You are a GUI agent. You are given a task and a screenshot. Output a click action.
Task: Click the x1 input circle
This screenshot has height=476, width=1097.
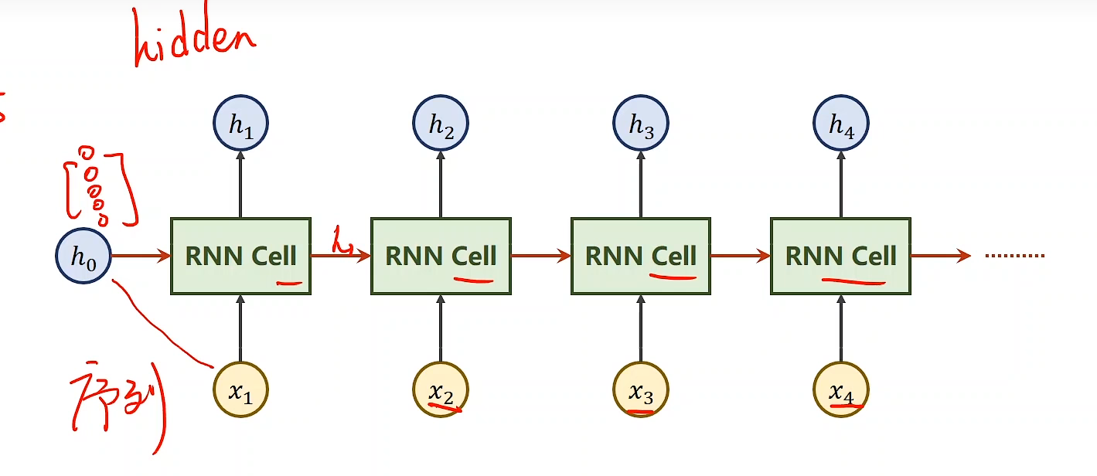pyautogui.click(x=240, y=389)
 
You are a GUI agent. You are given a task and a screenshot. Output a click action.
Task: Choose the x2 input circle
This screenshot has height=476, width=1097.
pyautogui.click(x=441, y=389)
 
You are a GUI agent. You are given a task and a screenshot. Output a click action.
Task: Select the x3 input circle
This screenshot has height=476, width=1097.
pyautogui.click(x=641, y=389)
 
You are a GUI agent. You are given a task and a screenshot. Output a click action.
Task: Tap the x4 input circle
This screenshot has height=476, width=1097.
pyautogui.click(x=841, y=389)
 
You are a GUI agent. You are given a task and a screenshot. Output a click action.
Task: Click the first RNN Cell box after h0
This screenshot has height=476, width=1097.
pyautogui.click(x=240, y=256)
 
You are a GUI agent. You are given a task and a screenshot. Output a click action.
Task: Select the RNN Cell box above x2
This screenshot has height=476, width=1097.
pyautogui.click(x=441, y=256)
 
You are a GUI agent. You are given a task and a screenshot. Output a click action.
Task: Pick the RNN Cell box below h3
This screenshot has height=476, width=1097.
pyautogui.click(x=640, y=256)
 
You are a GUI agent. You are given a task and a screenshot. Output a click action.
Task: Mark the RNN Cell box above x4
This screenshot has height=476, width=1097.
pyautogui.click(x=840, y=256)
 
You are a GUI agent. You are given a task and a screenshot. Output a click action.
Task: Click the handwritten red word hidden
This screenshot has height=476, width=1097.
pyautogui.click(x=193, y=39)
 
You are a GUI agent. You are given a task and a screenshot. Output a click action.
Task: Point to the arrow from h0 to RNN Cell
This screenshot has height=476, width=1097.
pyautogui.click(x=141, y=256)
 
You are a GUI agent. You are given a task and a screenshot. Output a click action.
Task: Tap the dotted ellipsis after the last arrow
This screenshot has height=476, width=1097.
pyautogui.click(x=1015, y=256)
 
